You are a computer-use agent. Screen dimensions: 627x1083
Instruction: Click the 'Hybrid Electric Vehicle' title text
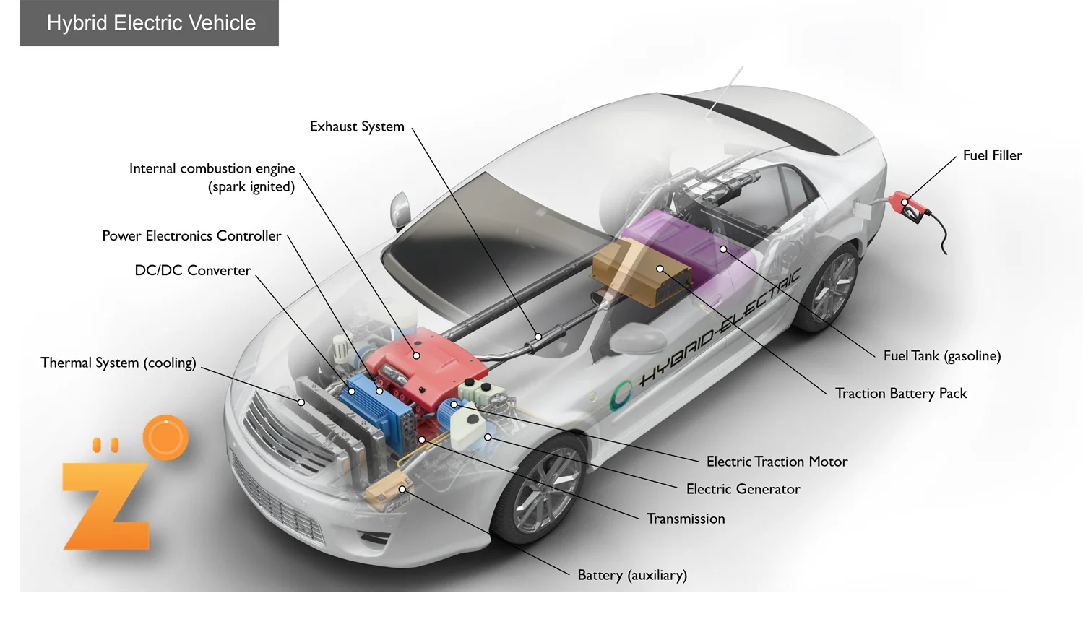coord(151,23)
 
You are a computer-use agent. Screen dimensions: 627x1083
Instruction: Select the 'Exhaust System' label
coord(357,126)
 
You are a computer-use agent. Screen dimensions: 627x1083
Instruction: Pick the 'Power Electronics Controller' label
coord(191,235)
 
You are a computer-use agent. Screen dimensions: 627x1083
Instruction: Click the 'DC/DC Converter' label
coord(193,270)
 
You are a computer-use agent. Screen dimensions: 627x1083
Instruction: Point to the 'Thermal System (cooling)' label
coord(118,363)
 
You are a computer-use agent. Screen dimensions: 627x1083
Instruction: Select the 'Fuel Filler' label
coord(992,155)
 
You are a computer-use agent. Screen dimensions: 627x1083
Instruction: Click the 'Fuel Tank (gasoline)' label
coord(942,355)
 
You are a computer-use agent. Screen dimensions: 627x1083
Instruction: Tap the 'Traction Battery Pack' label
coord(901,393)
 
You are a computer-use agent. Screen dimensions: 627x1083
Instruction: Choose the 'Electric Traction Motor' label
coord(777,461)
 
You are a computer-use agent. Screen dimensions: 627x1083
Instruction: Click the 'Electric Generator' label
coord(743,489)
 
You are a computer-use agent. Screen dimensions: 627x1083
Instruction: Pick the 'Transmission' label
coord(686,519)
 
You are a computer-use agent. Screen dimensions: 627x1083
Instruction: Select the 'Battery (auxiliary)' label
coord(632,575)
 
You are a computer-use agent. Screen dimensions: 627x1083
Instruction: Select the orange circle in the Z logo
coord(165,438)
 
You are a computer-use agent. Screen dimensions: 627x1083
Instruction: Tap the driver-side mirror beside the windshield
coord(400,209)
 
